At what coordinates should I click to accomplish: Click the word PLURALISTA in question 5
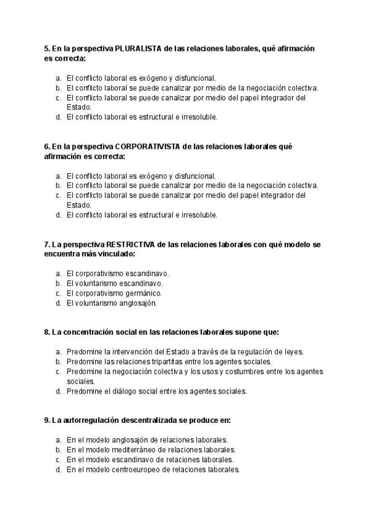click(x=139, y=48)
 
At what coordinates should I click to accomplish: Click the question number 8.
click(x=46, y=332)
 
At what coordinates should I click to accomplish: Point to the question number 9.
click(x=46, y=420)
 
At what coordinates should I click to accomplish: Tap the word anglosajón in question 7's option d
click(x=139, y=303)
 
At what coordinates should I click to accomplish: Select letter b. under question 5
click(x=58, y=88)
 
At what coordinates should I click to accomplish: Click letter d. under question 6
click(x=58, y=215)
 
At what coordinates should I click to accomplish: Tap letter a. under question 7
click(x=58, y=274)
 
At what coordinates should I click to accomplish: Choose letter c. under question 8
click(x=58, y=371)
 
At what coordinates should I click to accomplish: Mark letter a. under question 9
click(x=58, y=439)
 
